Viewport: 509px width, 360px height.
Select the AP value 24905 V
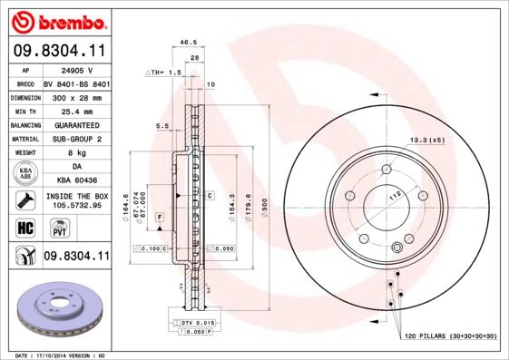click(x=76, y=69)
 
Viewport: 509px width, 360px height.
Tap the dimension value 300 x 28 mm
click(x=76, y=96)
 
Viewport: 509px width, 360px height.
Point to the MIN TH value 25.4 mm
click(x=76, y=110)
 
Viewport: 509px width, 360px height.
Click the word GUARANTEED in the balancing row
click(x=76, y=124)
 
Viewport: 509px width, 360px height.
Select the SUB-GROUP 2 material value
click(x=76, y=139)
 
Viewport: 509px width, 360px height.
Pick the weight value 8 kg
click(x=76, y=153)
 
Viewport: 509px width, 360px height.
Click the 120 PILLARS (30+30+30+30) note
click(x=450, y=336)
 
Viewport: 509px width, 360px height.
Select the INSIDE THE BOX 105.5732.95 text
click(x=76, y=199)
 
